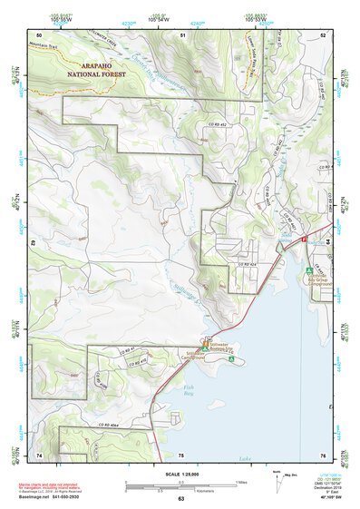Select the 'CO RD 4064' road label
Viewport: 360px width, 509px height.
coord(110,424)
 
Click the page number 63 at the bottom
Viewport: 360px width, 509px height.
coord(180,498)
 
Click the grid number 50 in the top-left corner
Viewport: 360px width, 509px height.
coord(40,34)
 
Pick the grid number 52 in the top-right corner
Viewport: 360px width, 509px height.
coord(322,34)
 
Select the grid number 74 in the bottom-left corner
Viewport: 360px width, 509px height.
coord(40,454)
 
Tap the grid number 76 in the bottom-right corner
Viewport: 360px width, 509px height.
coord(322,454)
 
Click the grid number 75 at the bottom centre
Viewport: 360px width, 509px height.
coord(181,454)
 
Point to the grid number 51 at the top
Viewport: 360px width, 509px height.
coord(182,34)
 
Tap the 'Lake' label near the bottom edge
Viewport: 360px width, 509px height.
coord(245,458)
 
